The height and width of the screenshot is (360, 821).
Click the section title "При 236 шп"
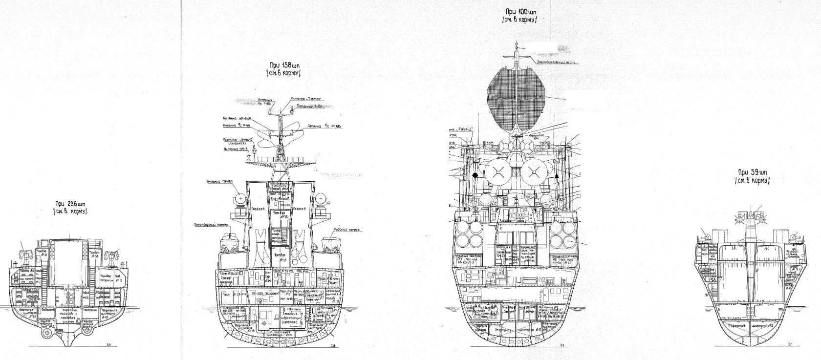(x=70, y=204)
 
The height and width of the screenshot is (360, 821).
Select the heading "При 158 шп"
(x=285, y=65)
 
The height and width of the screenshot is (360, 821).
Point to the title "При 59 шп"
(x=753, y=172)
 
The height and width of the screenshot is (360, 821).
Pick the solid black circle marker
(x=475, y=175)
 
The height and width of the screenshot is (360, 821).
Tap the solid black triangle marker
(x=557, y=175)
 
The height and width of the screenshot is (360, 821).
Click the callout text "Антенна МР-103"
(x=221, y=182)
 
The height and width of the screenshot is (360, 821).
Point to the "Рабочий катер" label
(x=348, y=229)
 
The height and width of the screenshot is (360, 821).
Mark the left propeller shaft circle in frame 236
(x=46, y=332)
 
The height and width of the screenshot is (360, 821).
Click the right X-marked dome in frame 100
(x=533, y=171)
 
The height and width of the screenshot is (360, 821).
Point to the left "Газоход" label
(x=258, y=209)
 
